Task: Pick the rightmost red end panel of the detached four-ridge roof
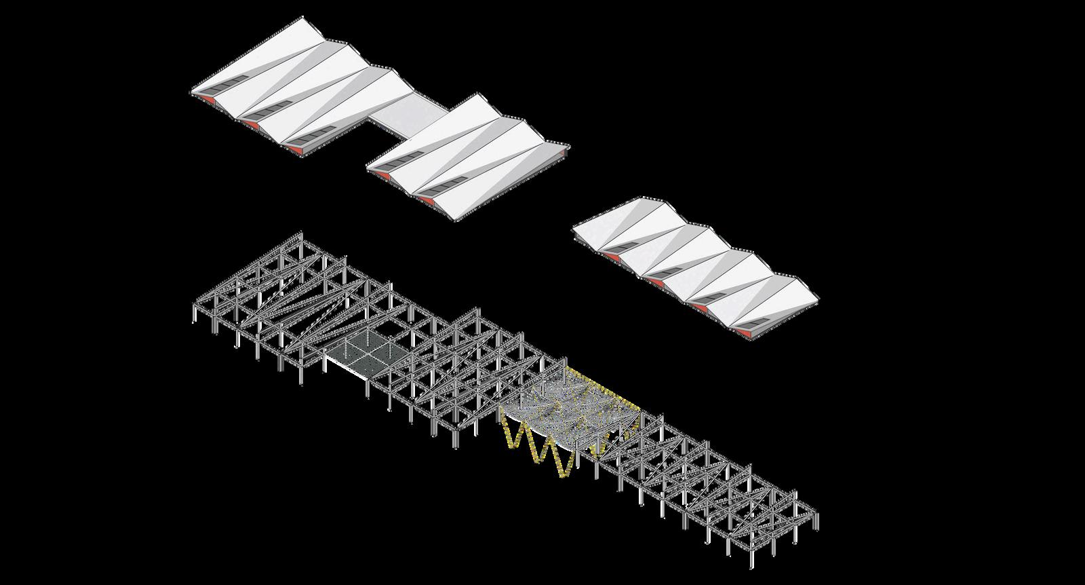tap(745, 334)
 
